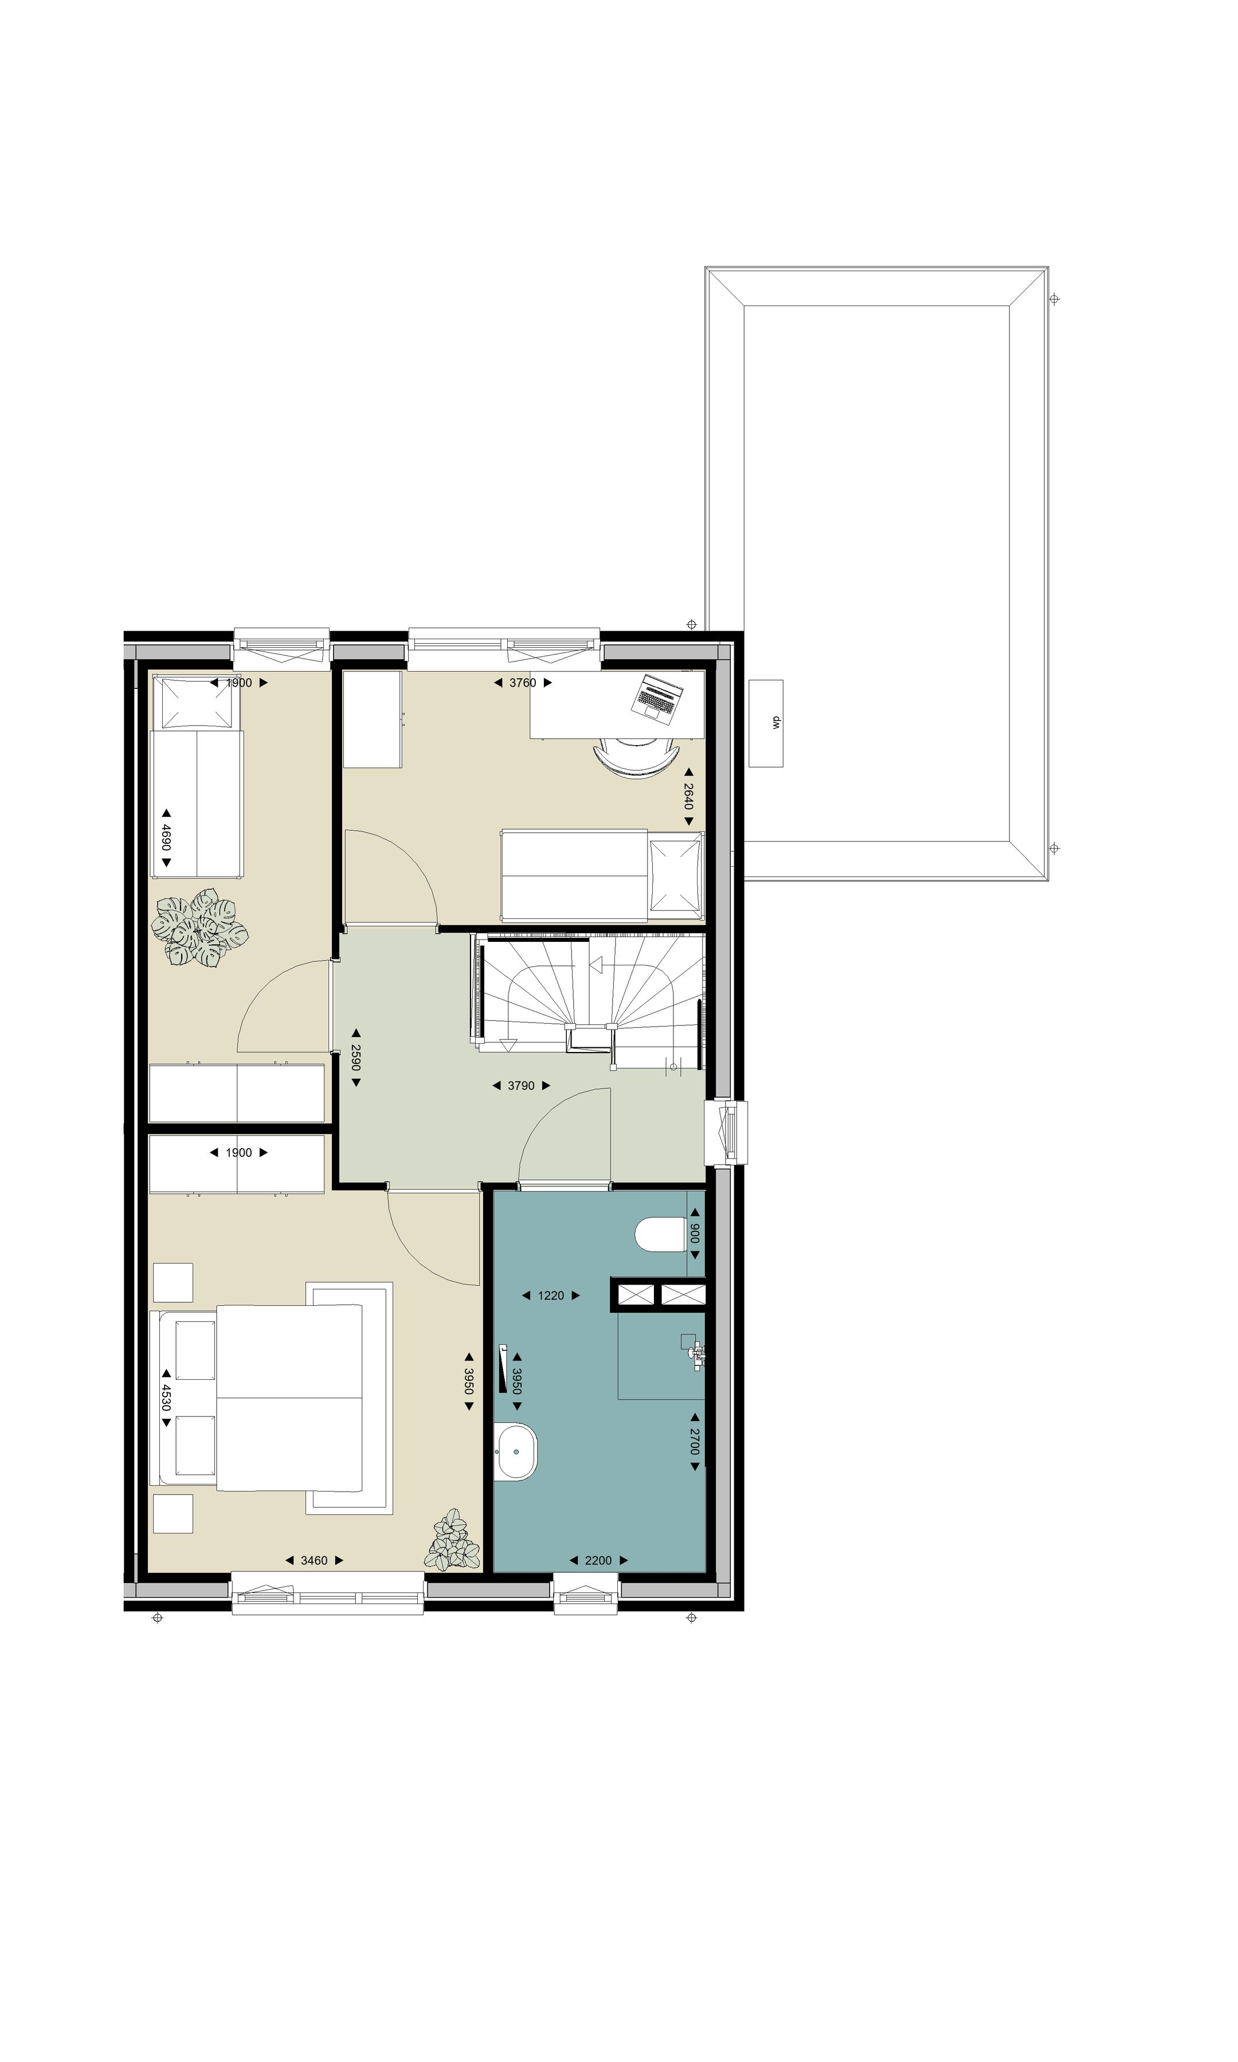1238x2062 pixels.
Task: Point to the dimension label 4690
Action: [x=166, y=838]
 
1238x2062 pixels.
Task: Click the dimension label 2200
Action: [x=598, y=1560]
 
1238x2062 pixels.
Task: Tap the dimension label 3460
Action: [x=314, y=1560]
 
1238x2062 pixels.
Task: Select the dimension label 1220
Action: [x=551, y=1296]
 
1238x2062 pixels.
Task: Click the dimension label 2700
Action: [x=694, y=1441]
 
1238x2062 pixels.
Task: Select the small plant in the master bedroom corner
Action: [x=452, y=1539]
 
